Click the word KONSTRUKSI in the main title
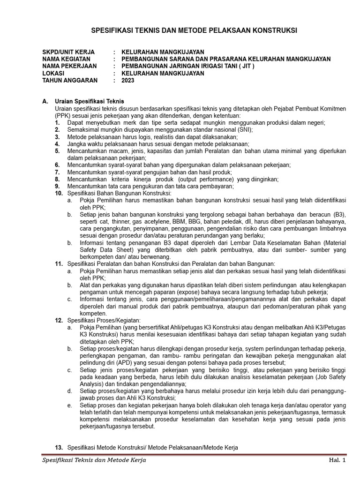click(x=272, y=31)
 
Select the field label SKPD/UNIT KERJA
click(x=68, y=52)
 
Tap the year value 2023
click(x=127, y=80)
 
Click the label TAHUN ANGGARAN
click(x=70, y=80)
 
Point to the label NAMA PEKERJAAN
click(x=69, y=66)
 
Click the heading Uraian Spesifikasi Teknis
click(x=89, y=101)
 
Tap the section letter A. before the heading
click(x=45, y=101)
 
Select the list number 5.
click(x=57, y=151)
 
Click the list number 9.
click(x=57, y=186)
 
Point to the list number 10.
click(x=59, y=193)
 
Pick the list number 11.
click(x=59, y=264)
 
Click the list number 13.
click(x=59, y=448)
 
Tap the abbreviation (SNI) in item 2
click(x=244, y=130)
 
